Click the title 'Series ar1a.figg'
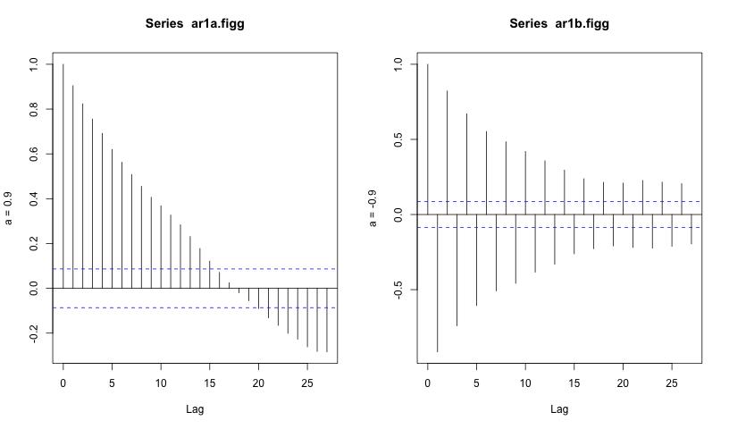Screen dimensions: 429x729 pos(195,24)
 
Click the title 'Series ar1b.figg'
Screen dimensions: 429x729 pos(559,24)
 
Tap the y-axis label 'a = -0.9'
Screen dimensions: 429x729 pos(376,207)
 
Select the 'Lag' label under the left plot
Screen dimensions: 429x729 pos(195,409)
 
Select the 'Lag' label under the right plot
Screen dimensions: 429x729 pos(559,409)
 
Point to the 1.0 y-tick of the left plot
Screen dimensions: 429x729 pos(34,64)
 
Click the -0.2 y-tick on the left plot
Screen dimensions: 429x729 pos(34,333)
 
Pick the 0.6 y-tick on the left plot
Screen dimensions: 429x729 pos(34,154)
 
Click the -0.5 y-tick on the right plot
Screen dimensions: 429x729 pos(398,290)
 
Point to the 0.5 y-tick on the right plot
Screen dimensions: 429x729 pos(398,139)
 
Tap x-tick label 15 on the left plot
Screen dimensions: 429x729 pos(210,383)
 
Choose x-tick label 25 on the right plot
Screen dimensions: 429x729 pos(672,383)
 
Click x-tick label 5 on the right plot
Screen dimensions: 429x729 pos(476,383)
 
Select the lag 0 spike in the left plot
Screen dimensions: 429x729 pos(63,179)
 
